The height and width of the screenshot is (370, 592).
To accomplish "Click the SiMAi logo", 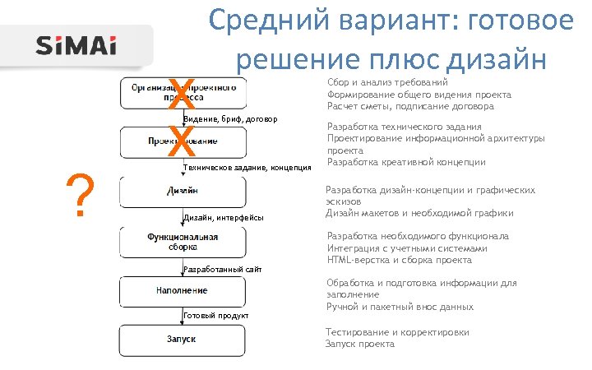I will click(x=76, y=44).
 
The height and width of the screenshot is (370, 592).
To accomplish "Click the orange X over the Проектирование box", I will click(x=183, y=142).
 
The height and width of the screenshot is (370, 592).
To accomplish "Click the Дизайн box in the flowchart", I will click(x=183, y=192).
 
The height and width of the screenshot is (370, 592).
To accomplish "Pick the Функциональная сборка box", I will click(x=183, y=241).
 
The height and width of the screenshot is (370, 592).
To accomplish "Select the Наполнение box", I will click(x=183, y=290).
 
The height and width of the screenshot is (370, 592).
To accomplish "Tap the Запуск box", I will click(x=183, y=340).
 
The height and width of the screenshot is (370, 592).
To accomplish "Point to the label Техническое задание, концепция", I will click(x=247, y=169).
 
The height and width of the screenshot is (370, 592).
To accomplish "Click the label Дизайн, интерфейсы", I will click(x=223, y=218).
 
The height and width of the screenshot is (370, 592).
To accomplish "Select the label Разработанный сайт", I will click(x=224, y=269).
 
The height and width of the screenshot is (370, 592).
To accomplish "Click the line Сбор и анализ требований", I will click(x=386, y=83).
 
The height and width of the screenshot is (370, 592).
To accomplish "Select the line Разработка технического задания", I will click(x=404, y=127).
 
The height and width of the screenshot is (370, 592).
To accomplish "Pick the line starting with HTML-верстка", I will click(x=399, y=261).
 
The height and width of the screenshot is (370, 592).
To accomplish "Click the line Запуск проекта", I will click(x=359, y=344).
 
